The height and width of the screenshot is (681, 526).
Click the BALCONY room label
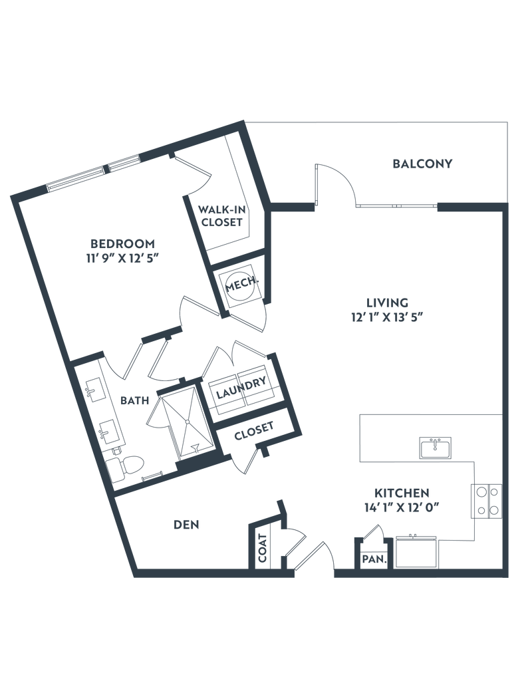pos(423,163)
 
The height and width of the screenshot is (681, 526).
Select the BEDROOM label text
pos(123,241)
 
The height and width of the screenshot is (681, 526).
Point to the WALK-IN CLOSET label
pos(222,215)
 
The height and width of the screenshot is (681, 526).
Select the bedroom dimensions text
pos(123,260)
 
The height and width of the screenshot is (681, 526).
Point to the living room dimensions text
pos(388,317)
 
